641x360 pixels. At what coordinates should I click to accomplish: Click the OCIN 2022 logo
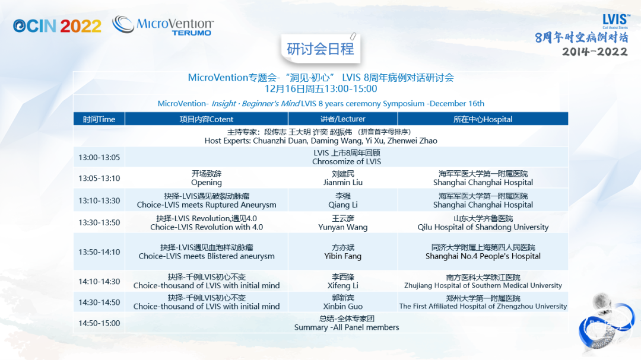point(57,26)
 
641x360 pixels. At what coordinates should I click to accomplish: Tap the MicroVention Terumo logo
point(163,26)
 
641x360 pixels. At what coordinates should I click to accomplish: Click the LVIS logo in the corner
point(615,21)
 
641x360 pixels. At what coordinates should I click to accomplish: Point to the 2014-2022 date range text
point(594,52)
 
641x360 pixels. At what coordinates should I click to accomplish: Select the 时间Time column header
point(99,119)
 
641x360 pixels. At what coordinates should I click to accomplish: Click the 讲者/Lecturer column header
point(342,119)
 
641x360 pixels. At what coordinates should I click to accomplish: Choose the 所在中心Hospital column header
point(483,119)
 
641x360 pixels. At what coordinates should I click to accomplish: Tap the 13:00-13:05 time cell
point(99,157)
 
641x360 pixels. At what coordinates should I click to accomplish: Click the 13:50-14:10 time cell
point(99,252)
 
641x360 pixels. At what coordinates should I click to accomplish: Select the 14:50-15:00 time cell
point(99,323)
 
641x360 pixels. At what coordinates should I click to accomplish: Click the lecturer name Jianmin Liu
point(342,183)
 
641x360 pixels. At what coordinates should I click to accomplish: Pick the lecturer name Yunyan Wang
point(342,227)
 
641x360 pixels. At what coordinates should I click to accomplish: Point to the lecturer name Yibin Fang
point(342,256)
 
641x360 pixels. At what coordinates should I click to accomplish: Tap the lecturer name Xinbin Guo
point(342,307)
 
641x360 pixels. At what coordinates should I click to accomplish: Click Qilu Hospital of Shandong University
point(483,227)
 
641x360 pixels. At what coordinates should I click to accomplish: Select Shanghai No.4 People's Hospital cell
point(483,251)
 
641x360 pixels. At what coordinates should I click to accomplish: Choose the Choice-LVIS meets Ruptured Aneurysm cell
point(207,200)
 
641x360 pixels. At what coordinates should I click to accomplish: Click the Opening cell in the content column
point(207,178)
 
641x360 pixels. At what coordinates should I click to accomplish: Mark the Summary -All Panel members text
point(347,327)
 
